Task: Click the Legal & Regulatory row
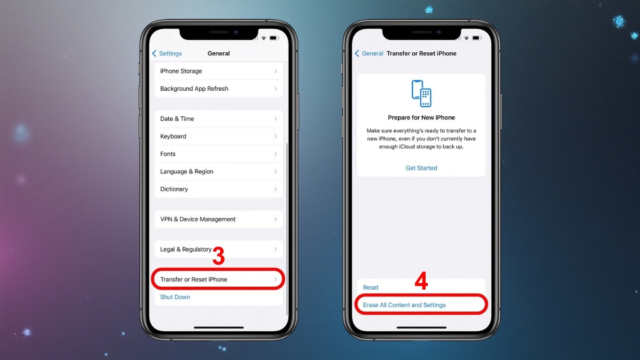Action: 186,249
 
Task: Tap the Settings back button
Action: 167,53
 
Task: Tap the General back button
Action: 369,53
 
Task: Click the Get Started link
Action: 421,168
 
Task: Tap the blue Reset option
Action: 371,287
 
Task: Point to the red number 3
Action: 219,257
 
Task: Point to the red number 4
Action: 421,282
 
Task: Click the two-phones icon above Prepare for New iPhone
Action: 421,93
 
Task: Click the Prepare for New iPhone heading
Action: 421,117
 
